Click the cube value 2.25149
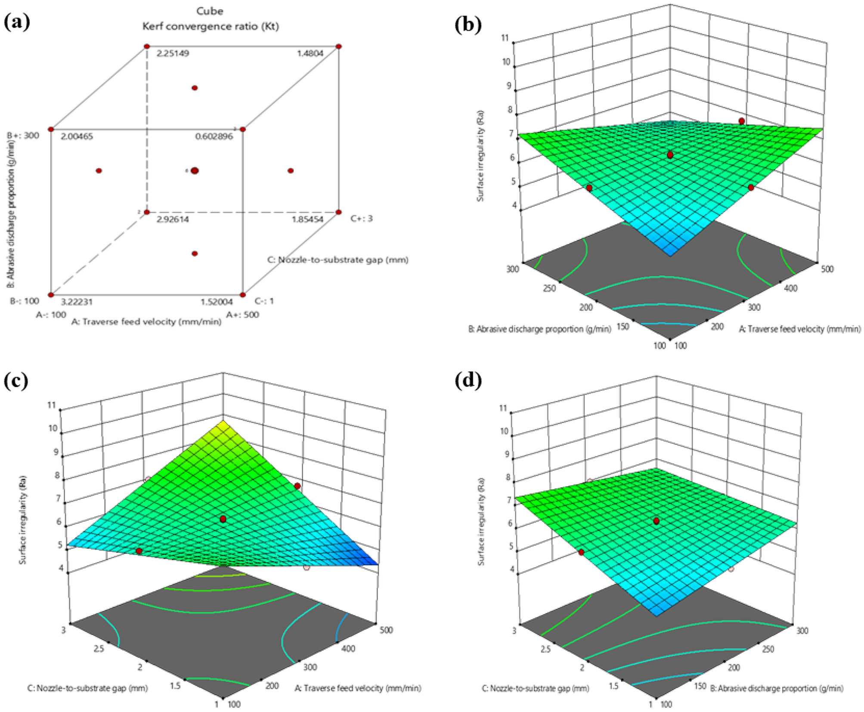coord(173,53)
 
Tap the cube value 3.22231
coord(77,302)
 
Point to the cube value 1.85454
coord(307,219)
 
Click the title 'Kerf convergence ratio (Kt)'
coord(211,26)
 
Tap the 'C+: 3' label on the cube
coord(361,218)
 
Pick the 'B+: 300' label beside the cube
coord(23,135)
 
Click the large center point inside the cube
coord(195,171)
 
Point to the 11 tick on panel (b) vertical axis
coord(505,38)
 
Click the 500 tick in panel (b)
coord(827,269)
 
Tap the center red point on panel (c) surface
coord(223,520)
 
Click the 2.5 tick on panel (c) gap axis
coord(99,649)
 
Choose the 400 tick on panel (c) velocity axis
coord(348,648)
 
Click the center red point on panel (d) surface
coord(656,521)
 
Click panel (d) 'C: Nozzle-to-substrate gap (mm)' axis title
coord(535,688)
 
